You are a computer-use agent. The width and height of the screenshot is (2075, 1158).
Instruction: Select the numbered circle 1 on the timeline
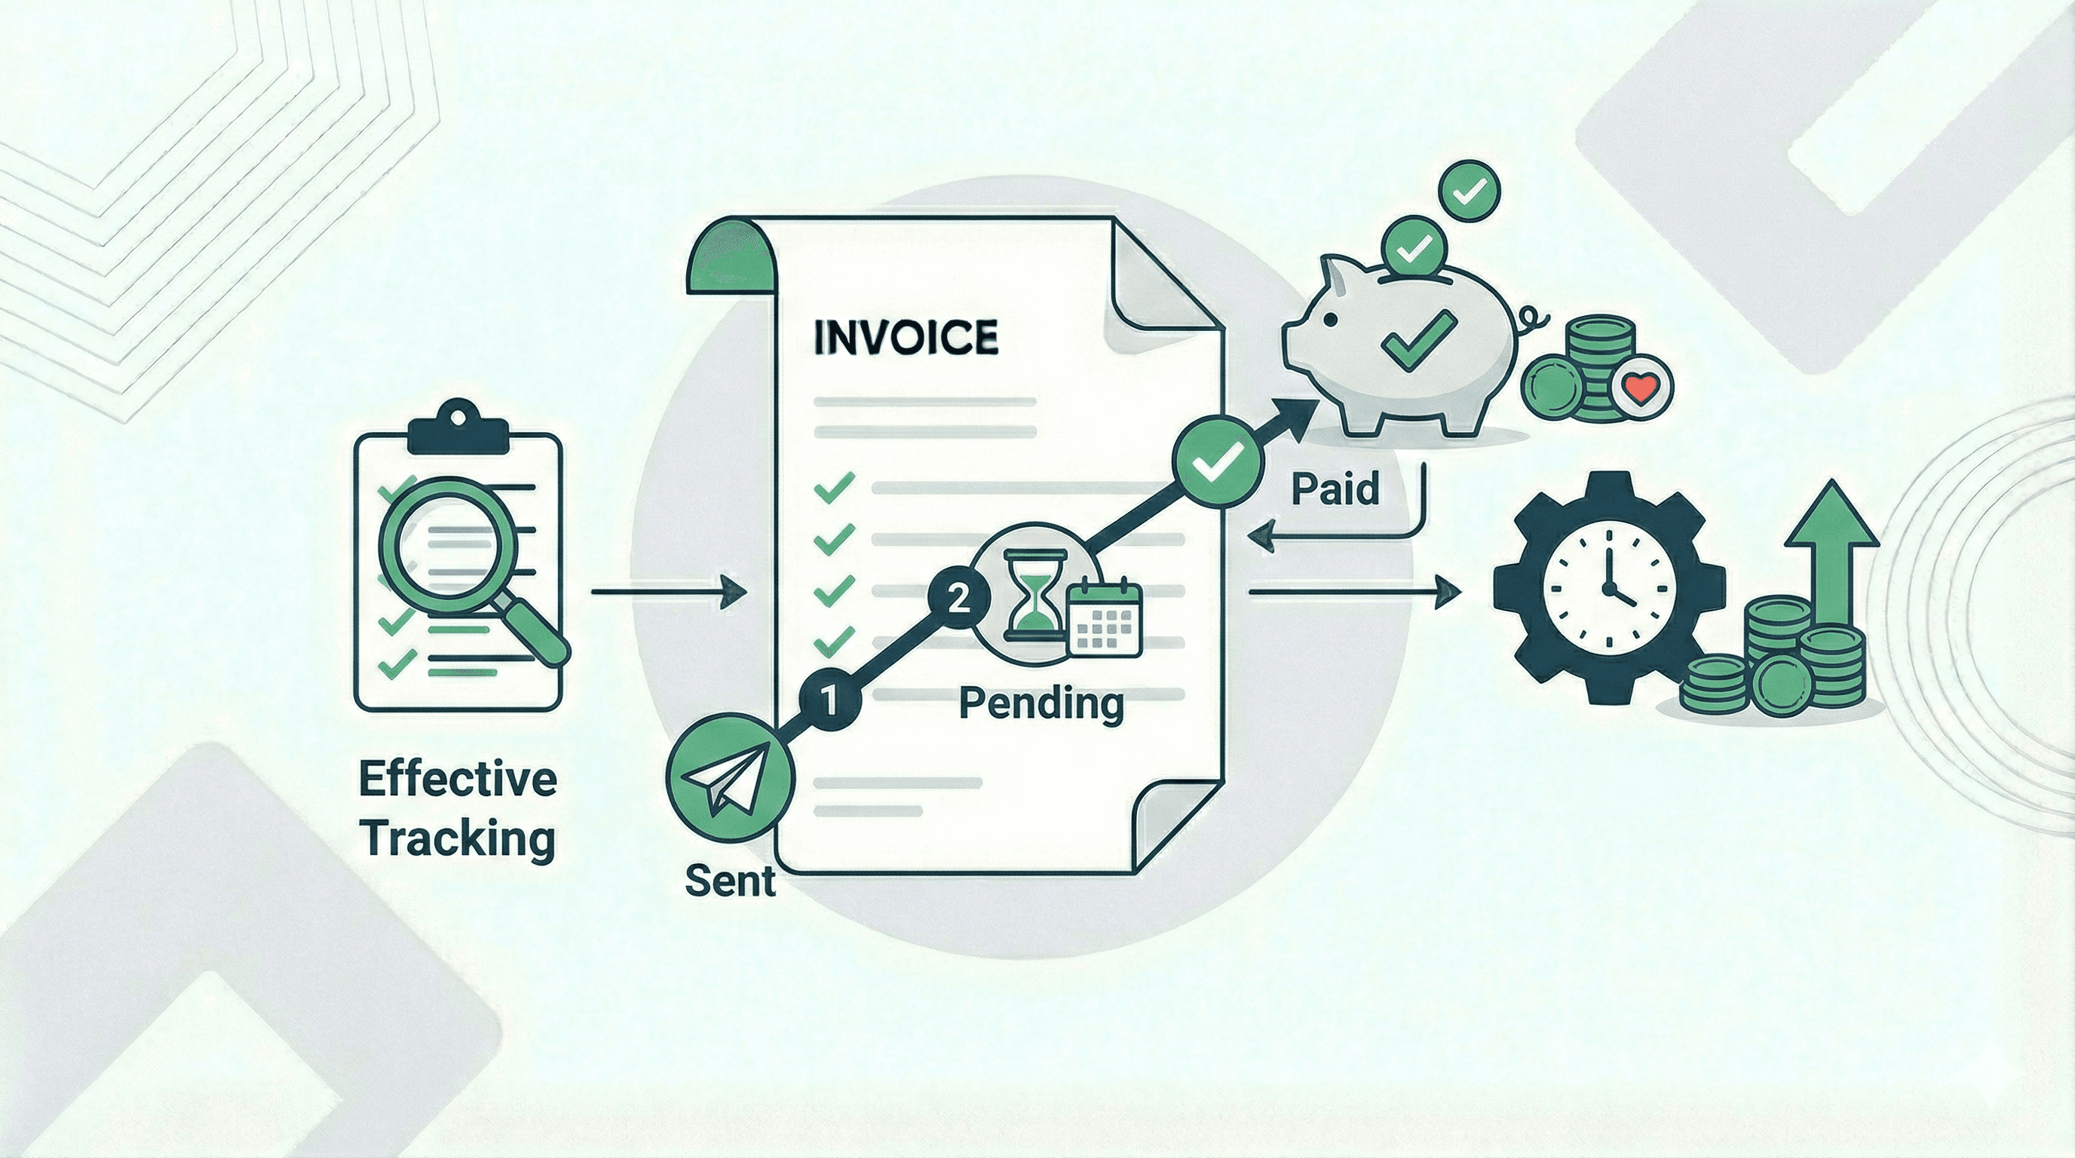click(829, 700)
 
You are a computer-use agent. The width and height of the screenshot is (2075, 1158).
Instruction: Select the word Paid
click(1335, 489)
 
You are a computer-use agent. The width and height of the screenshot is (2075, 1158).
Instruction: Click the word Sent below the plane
click(730, 881)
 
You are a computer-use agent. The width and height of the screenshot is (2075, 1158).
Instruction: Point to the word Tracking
click(457, 839)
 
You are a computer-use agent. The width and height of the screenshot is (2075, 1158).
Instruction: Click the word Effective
click(457, 780)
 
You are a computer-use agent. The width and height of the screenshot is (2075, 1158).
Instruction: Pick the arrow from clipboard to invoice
click(669, 592)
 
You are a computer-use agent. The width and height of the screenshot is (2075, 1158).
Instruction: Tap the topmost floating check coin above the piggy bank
click(1471, 189)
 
